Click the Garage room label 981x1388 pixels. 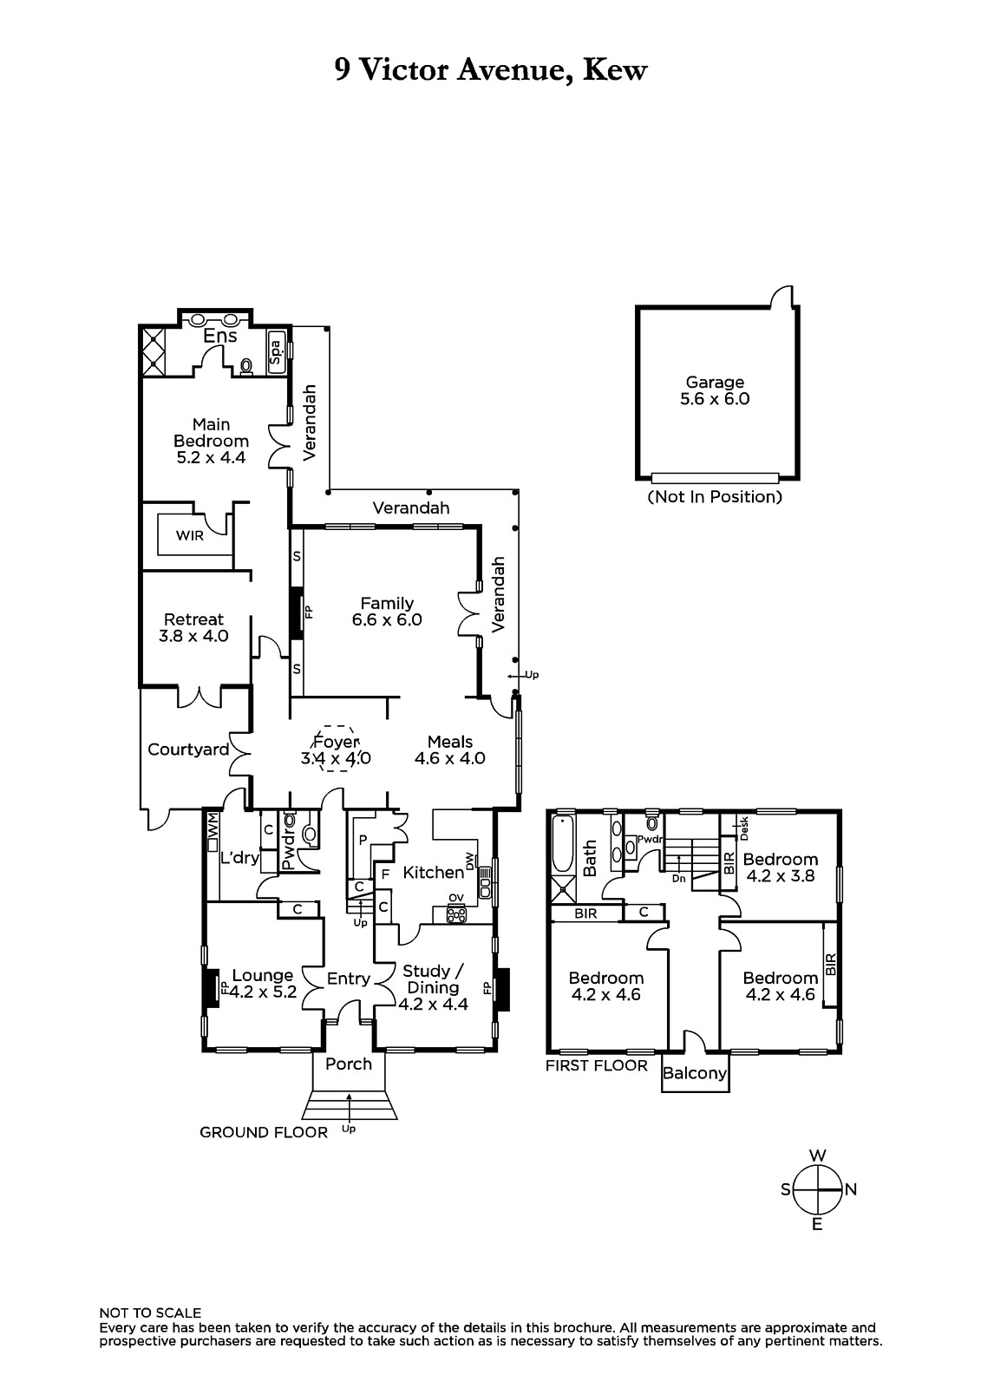(715, 383)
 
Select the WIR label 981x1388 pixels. (190, 535)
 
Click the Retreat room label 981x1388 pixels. (193, 619)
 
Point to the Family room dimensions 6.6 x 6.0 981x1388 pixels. (387, 619)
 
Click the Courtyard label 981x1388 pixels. (188, 750)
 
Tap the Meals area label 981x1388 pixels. (450, 742)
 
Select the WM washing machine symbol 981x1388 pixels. (213, 830)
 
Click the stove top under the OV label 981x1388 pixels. (456, 914)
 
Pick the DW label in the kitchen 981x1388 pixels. (469, 861)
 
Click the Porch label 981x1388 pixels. (349, 1064)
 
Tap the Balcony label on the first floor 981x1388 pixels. (694, 1073)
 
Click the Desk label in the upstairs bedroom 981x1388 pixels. (744, 828)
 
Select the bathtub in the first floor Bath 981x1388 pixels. (563, 845)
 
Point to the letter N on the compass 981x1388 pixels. (850, 1189)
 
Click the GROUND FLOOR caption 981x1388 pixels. (264, 1133)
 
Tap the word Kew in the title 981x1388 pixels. (615, 70)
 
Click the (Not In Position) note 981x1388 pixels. (715, 496)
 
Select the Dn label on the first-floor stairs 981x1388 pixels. (678, 879)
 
